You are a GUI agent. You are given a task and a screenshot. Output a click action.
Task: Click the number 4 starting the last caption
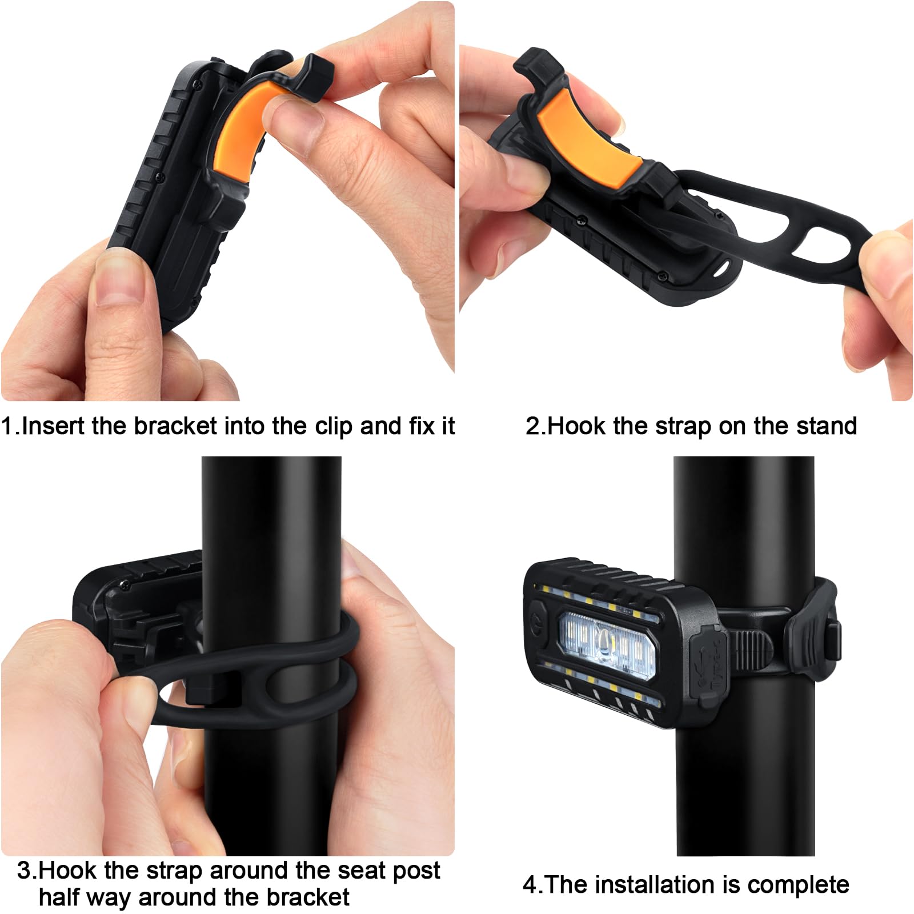pyautogui.click(x=530, y=885)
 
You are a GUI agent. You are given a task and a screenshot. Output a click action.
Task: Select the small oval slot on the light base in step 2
pyautogui.click(x=723, y=266)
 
